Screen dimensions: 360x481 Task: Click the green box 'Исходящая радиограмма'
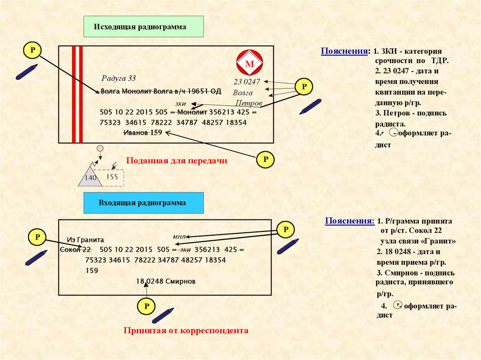[143, 27]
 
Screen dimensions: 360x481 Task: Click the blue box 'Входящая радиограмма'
[143, 203]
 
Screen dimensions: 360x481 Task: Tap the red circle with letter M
[250, 63]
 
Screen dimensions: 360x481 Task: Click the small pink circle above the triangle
[100, 149]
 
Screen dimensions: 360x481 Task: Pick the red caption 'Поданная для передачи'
[177, 161]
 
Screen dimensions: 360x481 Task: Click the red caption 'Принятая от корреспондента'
[186, 330]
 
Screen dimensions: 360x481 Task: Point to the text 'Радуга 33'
[118, 78]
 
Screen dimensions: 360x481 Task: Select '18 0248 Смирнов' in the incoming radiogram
[165, 281]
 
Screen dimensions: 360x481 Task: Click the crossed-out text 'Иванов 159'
[142, 133]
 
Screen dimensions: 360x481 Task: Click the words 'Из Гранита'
[85, 239]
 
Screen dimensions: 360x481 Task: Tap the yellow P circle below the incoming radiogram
[147, 306]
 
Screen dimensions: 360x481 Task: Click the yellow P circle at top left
[32, 50]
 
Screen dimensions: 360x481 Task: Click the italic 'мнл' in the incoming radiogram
[180, 237]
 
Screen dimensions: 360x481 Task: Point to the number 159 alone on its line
[92, 270]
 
